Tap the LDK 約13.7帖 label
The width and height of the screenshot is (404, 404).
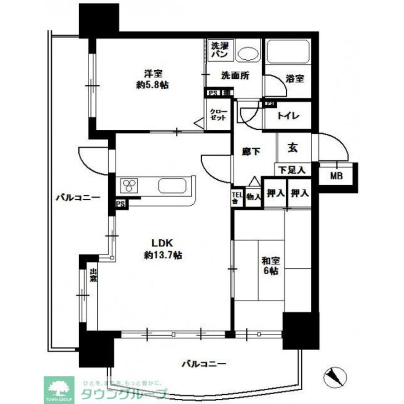coord(162,249)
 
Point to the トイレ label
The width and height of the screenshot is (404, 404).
coord(288,116)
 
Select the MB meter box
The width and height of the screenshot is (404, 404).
coord(337,176)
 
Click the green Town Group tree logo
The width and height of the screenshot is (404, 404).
coord(59,389)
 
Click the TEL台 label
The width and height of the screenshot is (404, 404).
coord(237,198)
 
